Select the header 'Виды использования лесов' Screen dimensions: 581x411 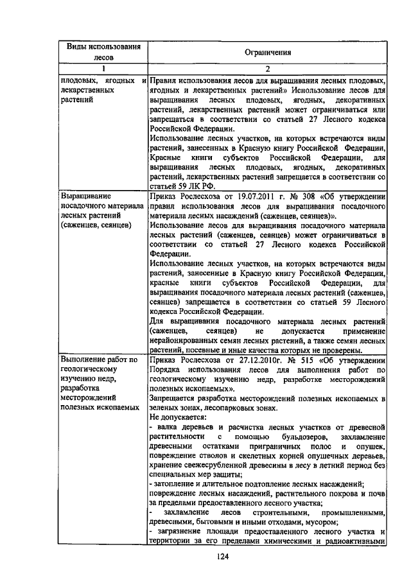[101, 51]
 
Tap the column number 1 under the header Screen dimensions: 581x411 [102, 69]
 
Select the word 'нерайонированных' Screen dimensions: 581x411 [186, 340]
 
